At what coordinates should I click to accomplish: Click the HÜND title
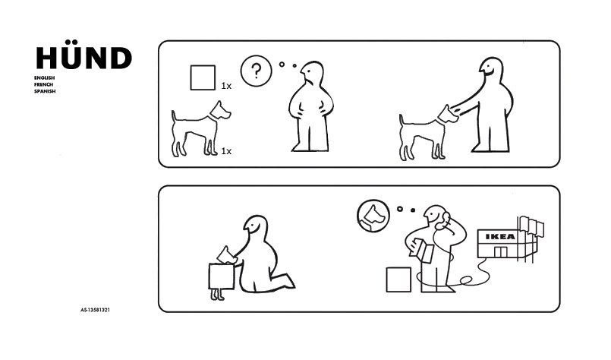[x=83, y=55]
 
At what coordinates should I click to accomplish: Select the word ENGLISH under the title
[x=44, y=78]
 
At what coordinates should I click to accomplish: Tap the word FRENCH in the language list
[x=43, y=84]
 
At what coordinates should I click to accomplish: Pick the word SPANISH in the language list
[x=45, y=91]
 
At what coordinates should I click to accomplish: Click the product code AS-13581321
[x=95, y=310]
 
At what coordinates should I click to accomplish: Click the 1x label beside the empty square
[x=226, y=86]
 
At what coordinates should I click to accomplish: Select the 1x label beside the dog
[x=226, y=151]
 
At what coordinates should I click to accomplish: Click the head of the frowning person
[x=312, y=74]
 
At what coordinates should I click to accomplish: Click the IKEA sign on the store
[x=500, y=236]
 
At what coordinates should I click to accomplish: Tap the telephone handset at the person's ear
[x=443, y=221]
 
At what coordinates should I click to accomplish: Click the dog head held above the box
[x=226, y=254]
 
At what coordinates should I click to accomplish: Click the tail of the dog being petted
[x=401, y=120]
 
